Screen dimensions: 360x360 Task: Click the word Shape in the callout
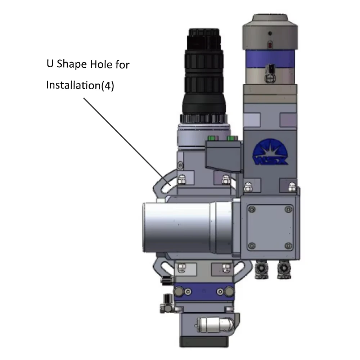click(x=72, y=64)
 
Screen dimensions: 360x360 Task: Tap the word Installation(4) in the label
click(x=80, y=85)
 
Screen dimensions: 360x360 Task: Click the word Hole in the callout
click(x=101, y=64)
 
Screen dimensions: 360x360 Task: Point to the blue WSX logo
click(x=270, y=152)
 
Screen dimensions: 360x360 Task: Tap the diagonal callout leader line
click(x=127, y=141)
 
